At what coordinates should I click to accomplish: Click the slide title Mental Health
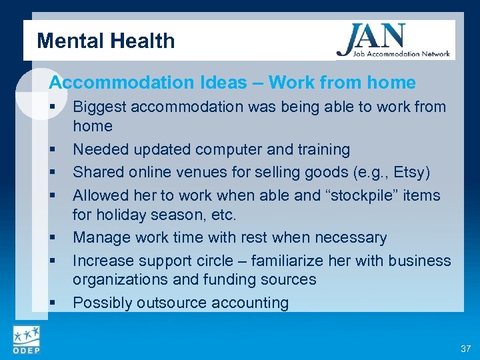(105, 41)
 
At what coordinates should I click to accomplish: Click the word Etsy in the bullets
(409, 173)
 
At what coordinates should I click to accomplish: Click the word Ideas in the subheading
(223, 83)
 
